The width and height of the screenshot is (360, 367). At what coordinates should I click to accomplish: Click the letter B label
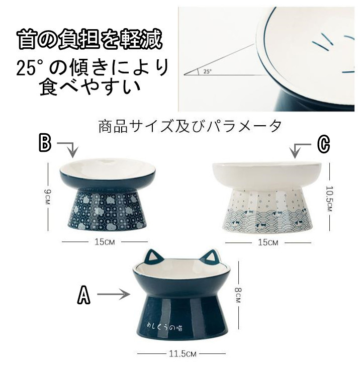coord(45,143)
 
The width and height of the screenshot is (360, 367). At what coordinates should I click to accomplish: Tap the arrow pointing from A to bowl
coord(114,294)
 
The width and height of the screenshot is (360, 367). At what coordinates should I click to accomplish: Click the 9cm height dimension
coord(47,196)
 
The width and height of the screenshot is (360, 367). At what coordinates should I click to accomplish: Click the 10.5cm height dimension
coord(329,198)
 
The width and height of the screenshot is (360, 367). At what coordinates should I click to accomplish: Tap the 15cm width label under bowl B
coord(105,242)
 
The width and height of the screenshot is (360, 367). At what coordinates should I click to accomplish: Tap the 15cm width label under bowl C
coord(268,242)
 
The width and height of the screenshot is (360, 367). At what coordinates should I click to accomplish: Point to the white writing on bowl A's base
coord(164,327)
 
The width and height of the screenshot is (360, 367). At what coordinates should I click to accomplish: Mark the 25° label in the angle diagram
coord(207,71)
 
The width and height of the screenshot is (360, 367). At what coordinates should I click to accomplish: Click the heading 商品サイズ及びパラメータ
coord(190,126)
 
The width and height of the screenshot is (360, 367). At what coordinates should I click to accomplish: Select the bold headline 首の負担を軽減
coord(89,39)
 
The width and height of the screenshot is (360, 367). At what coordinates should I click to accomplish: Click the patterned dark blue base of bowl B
coord(107,209)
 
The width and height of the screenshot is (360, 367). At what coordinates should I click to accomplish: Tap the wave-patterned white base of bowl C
coord(267,210)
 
